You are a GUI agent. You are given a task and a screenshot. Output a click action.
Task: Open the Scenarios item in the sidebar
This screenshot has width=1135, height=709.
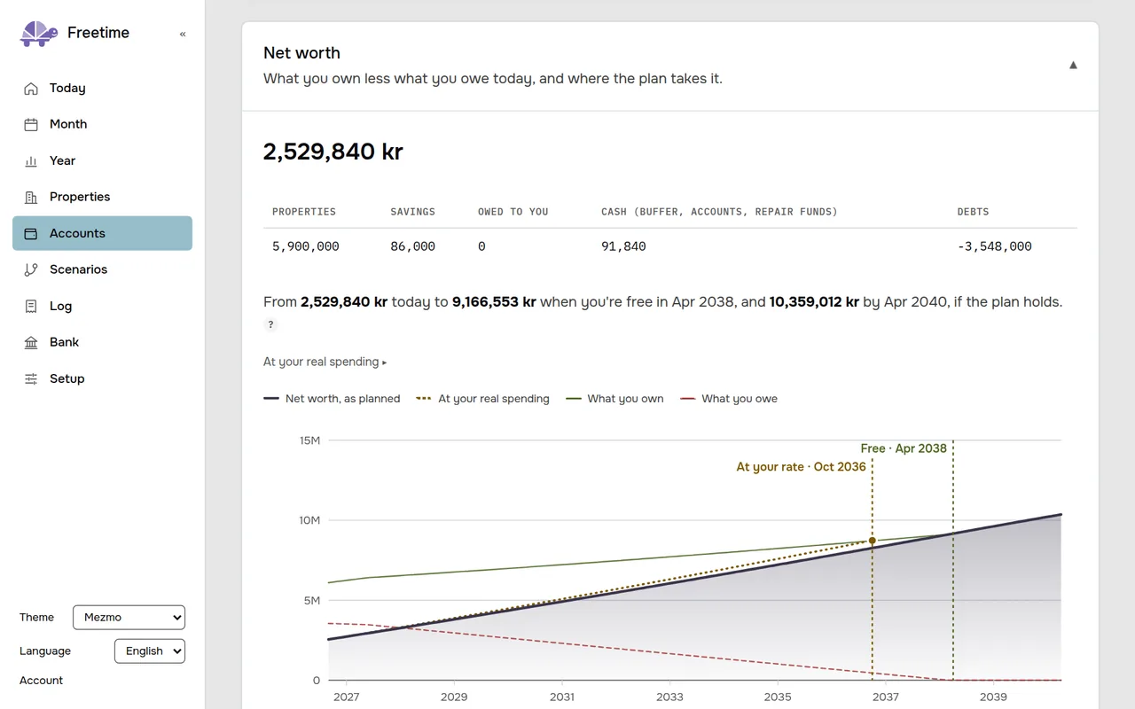pyautogui.click(x=78, y=269)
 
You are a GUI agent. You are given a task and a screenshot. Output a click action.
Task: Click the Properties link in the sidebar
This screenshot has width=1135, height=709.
pyautogui.click(x=80, y=197)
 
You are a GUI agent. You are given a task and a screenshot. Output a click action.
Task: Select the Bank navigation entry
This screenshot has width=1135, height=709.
pyautogui.click(x=64, y=342)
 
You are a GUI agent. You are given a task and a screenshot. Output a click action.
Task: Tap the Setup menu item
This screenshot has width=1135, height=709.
pyautogui.click(x=67, y=378)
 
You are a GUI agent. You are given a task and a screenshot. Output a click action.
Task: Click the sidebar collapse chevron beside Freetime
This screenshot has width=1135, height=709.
pyautogui.click(x=183, y=34)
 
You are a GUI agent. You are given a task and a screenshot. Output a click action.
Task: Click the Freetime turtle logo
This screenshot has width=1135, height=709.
pyautogui.click(x=38, y=34)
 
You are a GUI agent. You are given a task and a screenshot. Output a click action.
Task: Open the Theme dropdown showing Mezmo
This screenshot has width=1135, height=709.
pyautogui.click(x=129, y=618)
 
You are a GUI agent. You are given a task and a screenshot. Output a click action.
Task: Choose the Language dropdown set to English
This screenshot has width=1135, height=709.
pyautogui.click(x=150, y=651)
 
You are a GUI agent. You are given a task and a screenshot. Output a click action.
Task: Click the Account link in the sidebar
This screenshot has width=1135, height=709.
pyautogui.click(x=41, y=680)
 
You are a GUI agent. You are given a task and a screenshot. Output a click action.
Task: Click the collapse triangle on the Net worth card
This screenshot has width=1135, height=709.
pyautogui.click(x=1073, y=65)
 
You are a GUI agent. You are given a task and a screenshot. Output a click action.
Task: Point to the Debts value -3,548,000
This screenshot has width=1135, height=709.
pyautogui.click(x=994, y=246)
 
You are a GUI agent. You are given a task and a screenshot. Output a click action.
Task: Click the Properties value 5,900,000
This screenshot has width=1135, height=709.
pyautogui.click(x=306, y=246)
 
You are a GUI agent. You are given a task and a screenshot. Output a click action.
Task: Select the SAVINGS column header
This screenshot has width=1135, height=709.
pyautogui.click(x=412, y=212)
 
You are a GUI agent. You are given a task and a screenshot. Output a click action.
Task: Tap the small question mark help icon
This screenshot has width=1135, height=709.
pyautogui.click(x=270, y=324)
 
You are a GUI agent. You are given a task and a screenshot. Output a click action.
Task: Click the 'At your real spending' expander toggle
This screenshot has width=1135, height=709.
pyautogui.click(x=325, y=362)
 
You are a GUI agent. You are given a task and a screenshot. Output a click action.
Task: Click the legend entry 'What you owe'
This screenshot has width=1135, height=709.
pyautogui.click(x=729, y=399)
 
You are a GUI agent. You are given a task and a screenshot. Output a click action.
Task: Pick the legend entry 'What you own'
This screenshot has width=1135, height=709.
pyautogui.click(x=614, y=399)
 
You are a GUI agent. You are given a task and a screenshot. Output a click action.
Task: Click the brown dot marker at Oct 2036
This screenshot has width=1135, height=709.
pyautogui.click(x=872, y=541)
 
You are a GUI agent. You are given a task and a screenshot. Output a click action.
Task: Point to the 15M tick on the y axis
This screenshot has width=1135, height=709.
pyautogui.click(x=309, y=440)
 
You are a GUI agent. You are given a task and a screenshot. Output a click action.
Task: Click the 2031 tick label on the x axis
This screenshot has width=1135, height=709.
pyautogui.click(x=562, y=697)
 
